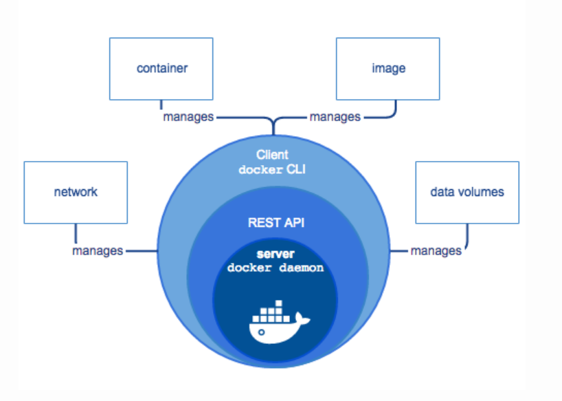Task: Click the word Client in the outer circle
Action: click(272, 155)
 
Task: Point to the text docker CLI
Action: click(272, 169)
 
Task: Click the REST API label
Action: click(276, 223)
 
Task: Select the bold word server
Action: click(276, 254)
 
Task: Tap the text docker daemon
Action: click(276, 268)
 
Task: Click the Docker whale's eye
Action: click(261, 332)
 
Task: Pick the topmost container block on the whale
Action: click(279, 303)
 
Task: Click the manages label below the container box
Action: click(188, 117)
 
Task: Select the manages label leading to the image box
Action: click(335, 117)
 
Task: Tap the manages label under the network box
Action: click(98, 251)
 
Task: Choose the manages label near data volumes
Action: click(436, 251)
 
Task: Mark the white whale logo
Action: click(279, 323)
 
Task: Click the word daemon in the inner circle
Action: click(301, 268)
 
